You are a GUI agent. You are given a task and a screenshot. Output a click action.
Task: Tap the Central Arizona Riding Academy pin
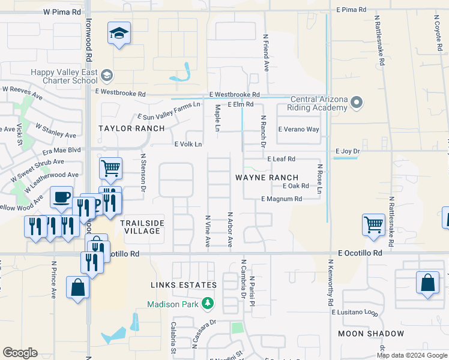(x=357, y=103)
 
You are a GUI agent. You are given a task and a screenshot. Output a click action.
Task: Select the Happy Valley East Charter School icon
(x=107, y=76)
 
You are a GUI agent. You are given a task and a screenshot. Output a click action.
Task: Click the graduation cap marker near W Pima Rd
(x=119, y=34)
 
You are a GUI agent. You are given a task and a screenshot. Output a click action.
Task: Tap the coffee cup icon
(x=61, y=197)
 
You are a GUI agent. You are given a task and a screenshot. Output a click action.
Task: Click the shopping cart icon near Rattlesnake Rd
(x=373, y=225)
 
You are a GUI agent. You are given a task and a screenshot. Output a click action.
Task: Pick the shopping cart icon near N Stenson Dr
(x=110, y=169)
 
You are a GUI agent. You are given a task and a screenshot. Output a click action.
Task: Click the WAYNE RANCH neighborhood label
(x=267, y=178)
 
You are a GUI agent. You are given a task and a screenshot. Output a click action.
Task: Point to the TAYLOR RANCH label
(x=131, y=128)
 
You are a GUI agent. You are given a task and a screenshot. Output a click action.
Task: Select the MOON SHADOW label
(x=370, y=333)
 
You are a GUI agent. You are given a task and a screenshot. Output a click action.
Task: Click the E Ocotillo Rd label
(x=360, y=253)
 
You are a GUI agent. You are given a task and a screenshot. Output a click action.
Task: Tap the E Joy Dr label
(x=348, y=151)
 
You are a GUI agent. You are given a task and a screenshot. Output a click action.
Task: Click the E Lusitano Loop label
(x=355, y=312)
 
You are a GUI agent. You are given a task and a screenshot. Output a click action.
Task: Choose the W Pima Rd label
(x=62, y=12)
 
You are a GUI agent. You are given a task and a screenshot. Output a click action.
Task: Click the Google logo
(x=20, y=353)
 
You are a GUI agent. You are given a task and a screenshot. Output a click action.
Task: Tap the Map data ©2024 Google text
(x=412, y=355)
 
